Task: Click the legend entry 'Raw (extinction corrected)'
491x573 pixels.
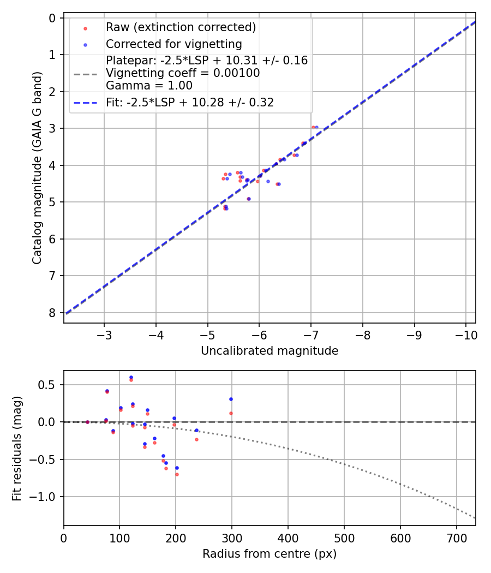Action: click(181, 27)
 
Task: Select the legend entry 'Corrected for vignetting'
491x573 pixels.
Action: click(173, 44)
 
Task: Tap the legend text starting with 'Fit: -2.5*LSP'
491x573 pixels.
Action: click(190, 103)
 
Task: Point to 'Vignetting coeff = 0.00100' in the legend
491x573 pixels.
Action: click(183, 73)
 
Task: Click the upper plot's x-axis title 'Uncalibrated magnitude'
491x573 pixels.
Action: click(270, 351)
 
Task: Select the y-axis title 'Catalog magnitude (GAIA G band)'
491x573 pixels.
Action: click(37, 170)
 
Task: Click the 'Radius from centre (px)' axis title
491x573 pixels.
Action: click(270, 554)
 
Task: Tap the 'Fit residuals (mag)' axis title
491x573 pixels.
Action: click(17, 448)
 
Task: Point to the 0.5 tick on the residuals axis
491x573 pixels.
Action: click(49, 385)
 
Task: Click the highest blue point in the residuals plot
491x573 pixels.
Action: click(131, 377)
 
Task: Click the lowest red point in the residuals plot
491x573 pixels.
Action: click(177, 474)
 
